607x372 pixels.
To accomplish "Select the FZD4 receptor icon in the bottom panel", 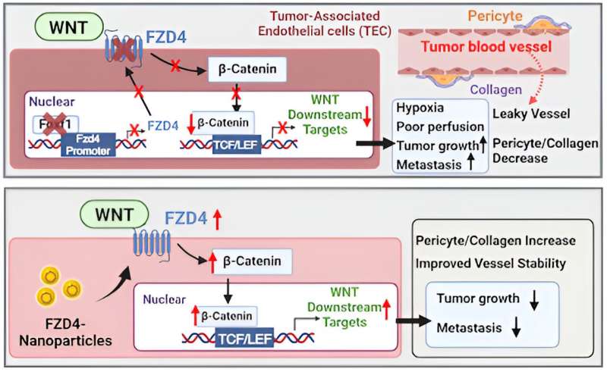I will click(155, 242).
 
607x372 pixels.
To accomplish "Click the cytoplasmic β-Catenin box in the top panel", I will click(248, 71).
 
